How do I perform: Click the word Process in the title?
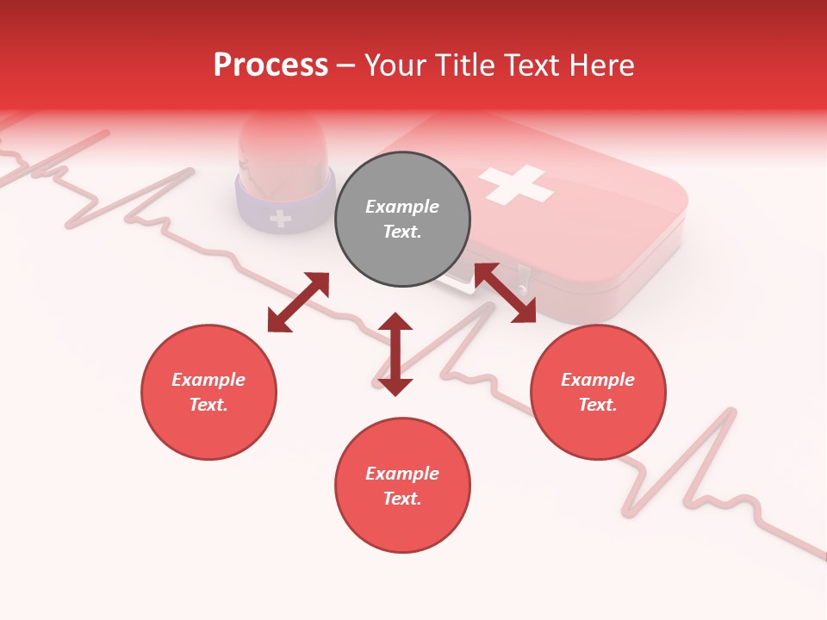pyautogui.click(x=270, y=65)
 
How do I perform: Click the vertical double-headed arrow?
pyautogui.click(x=395, y=354)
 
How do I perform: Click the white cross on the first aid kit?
pyautogui.click(x=515, y=184)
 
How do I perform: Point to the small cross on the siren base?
pyautogui.click(x=280, y=219)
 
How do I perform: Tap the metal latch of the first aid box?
pyautogui.click(x=522, y=277)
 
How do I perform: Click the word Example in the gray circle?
pyautogui.click(x=402, y=207)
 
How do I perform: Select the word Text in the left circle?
pyautogui.click(x=208, y=405)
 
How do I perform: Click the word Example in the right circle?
pyautogui.click(x=598, y=380)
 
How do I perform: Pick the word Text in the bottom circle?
pyautogui.click(x=402, y=499)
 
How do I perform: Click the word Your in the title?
pyautogui.click(x=397, y=65)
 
